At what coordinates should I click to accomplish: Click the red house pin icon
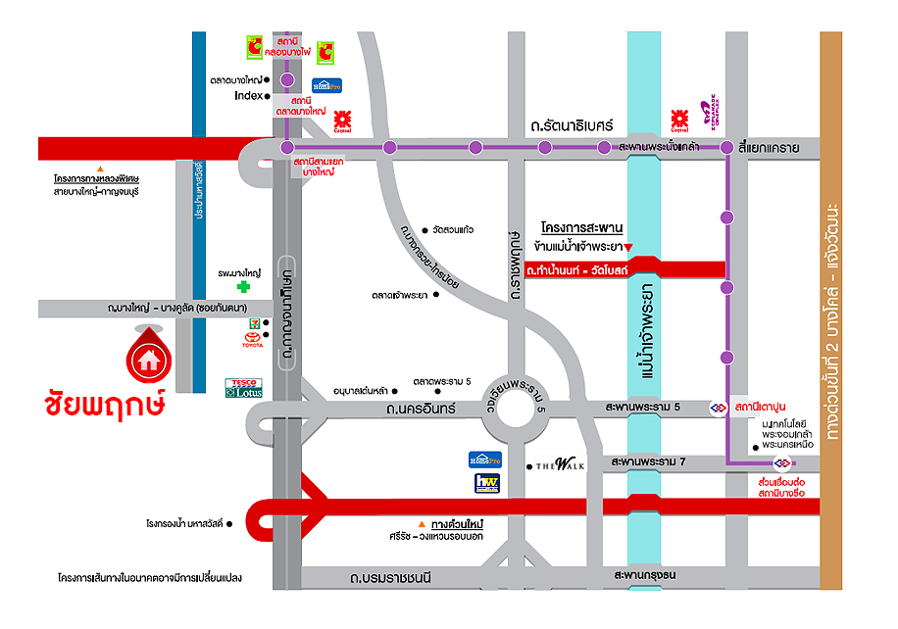149,358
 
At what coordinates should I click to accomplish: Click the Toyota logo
253,340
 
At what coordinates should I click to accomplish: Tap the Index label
248,96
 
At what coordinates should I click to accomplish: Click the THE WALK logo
560,464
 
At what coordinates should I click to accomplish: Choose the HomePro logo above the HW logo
486,460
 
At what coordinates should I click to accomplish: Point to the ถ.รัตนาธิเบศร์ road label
571,125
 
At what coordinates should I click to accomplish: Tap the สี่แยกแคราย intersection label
770,148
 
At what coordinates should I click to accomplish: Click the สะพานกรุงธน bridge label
645,575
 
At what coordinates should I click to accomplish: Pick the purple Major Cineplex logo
707,117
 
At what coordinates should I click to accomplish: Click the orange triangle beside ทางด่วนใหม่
422,524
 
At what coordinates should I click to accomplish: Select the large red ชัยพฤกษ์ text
104,404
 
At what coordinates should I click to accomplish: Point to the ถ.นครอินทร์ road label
421,408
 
